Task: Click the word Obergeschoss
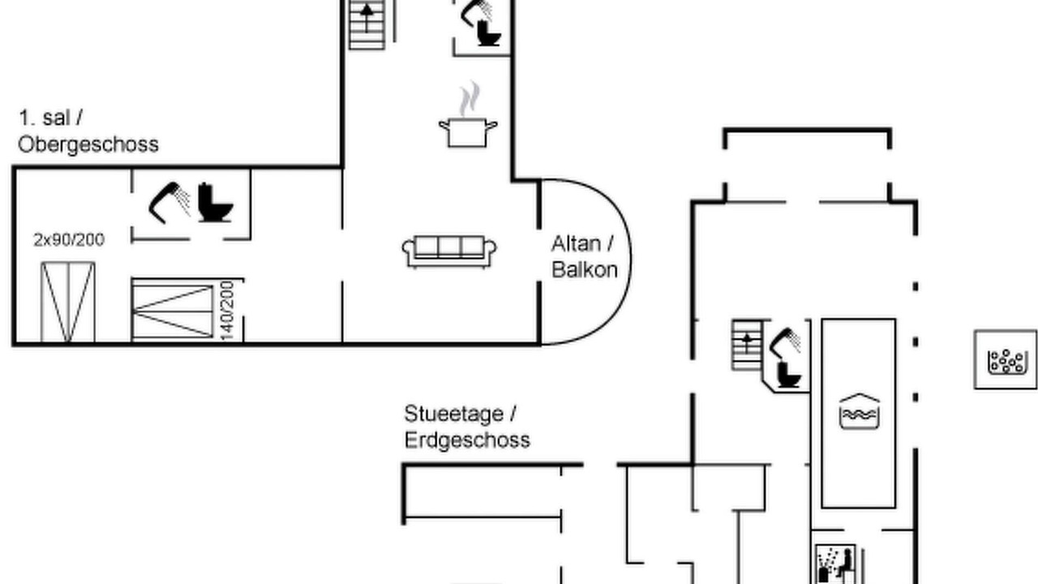88,144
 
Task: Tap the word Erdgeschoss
467,440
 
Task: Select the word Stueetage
453,414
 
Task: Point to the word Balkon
585,270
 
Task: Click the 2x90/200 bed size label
69,239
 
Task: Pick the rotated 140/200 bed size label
227,310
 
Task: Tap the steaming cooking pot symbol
468,114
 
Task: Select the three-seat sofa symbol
449,251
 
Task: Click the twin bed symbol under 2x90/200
68,303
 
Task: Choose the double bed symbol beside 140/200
173,311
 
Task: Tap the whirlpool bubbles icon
1005,360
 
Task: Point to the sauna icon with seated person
835,564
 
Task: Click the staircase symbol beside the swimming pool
747,345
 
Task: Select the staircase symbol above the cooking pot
367,24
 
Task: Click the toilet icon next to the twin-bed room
215,203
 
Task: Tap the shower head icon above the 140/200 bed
169,203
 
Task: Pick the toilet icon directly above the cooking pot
489,34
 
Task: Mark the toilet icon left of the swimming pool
789,375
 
